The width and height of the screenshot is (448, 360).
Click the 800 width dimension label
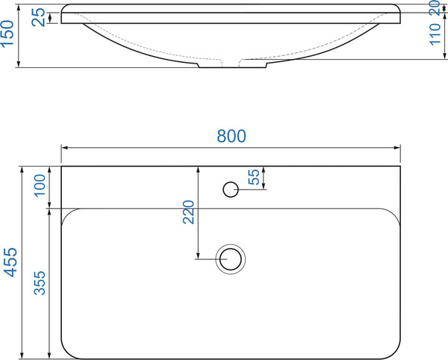click(x=231, y=136)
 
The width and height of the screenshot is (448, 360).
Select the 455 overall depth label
click(x=11, y=262)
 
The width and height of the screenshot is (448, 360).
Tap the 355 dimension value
click(x=40, y=283)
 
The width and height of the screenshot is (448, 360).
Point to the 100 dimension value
click(x=40, y=185)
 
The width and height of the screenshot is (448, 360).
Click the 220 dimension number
click(x=189, y=212)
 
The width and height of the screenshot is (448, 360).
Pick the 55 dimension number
click(x=254, y=177)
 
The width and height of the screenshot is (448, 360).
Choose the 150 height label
click(x=7, y=33)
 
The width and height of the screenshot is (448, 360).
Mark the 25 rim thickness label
click(x=38, y=17)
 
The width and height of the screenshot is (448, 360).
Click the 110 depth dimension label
click(x=435, y=34)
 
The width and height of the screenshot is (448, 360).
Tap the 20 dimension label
click(x=435, y=7)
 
